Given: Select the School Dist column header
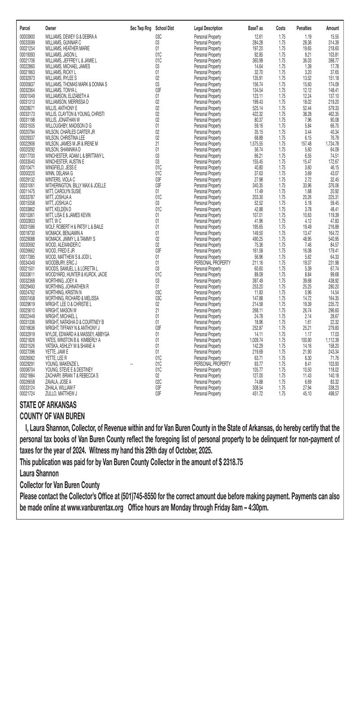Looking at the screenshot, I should click(x=164, y=28).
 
